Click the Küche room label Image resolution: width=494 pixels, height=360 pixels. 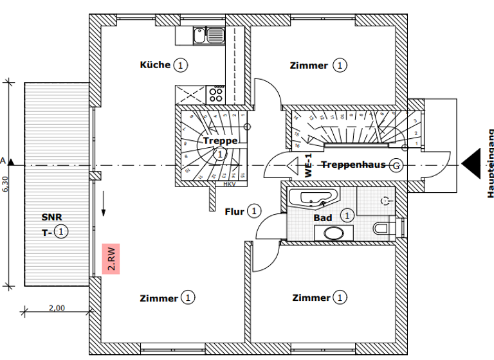[156, 65]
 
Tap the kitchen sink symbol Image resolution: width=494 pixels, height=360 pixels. [208, 35]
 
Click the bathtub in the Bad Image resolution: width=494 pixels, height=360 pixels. [312, 198]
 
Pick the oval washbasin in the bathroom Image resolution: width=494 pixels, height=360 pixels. [334, 233]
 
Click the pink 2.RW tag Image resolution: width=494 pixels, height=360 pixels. [111, 259]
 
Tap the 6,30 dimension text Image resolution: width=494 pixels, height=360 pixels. [5, 186]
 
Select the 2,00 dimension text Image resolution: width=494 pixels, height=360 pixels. [57, 308]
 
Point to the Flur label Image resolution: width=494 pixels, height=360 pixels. [235, 211]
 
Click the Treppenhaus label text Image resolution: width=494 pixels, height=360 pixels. [353, 165]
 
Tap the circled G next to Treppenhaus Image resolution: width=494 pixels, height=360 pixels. [396, 165]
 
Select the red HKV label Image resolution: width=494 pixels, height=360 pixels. [230, 184]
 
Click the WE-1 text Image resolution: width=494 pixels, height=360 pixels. [309, 166]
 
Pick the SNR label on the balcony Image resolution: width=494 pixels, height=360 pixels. [53, 217]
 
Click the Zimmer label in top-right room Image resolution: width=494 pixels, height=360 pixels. [309, 66]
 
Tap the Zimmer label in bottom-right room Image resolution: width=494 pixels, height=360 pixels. [311, 298]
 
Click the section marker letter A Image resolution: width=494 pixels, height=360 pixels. [3, 160]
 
